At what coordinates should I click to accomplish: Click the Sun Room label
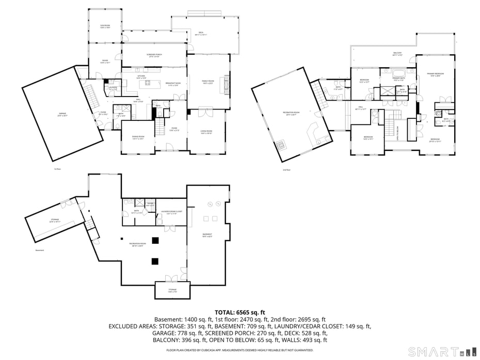pyautogui.click(x=105, y=26)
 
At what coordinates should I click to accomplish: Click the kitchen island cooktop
pyautogui.click(x=147, y=83)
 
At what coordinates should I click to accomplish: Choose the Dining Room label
pyautogui.click(x=137, y=137)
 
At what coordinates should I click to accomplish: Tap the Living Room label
pyautogui.click(x=207, y=132)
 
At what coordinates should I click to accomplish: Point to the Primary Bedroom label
pyautogui.click(x=436, y=75)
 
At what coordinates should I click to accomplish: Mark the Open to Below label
pyautogui.click(x=398, y=133)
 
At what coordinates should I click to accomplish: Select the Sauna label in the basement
pyautogui.click(x=151, y=205)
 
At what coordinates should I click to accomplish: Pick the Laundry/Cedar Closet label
pyautogui.click(x=172, y=212)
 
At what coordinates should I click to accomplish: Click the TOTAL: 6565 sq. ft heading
pyautogui.click(x=239, y=312)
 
